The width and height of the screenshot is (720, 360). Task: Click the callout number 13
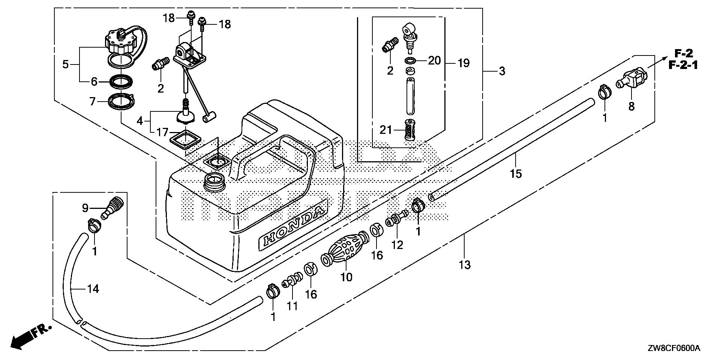(x=464, y=265)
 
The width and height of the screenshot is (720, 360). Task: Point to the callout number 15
(x=516, y=174)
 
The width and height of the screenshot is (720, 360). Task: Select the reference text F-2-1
(x=683, y=66)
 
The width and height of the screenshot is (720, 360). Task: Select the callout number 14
(x=93, y=289)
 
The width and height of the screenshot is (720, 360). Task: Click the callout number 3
(x=502, y=70)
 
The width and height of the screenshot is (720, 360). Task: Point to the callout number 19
(x=463, y=63)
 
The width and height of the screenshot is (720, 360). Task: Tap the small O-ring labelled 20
(x=411, y=61)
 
